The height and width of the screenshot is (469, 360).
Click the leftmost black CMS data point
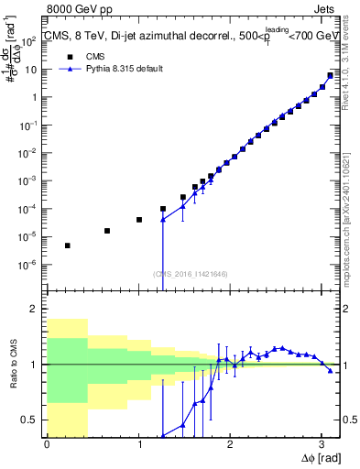[67, 245]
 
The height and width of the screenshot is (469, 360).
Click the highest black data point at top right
[330, 76]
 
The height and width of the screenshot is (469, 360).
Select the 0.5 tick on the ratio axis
[31, 420]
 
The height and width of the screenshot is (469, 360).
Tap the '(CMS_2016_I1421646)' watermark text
[191, 273]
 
